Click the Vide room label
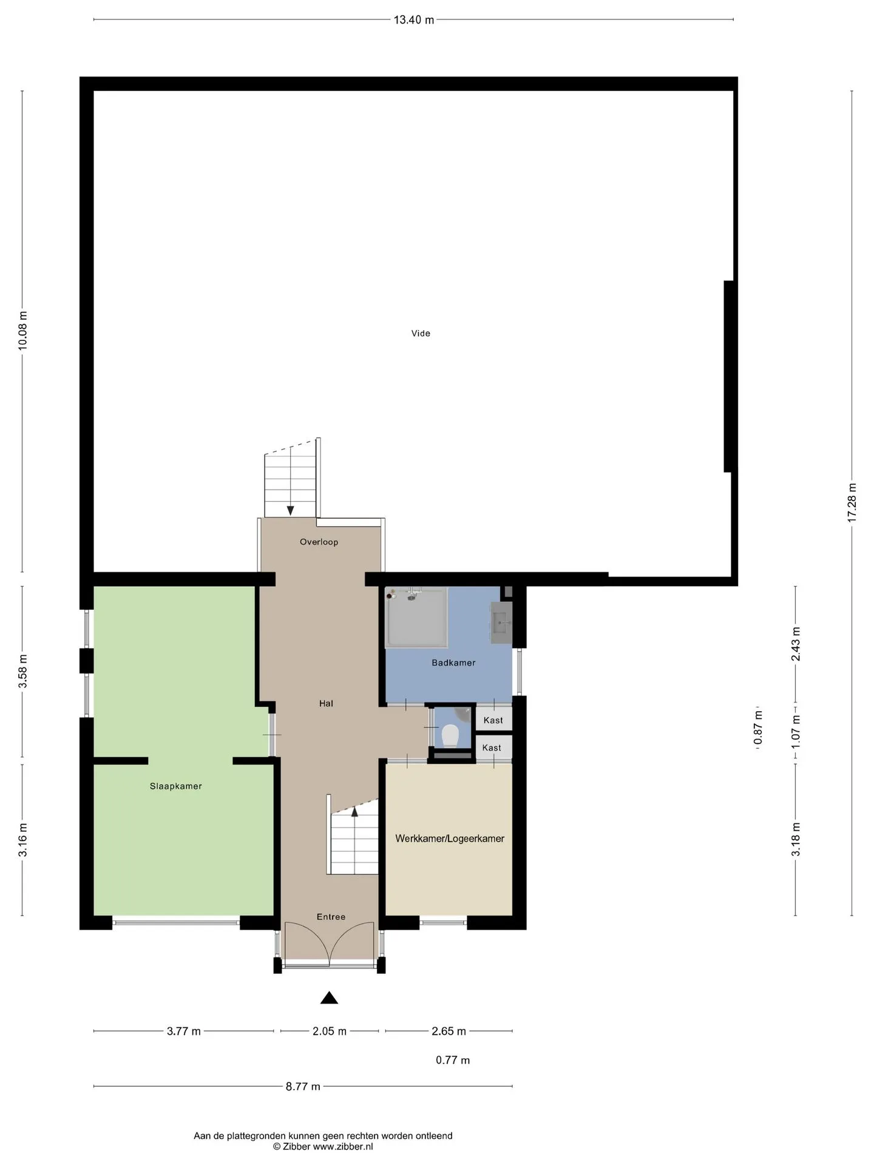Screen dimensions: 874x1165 (421, 333)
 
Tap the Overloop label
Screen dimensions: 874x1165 (319, 542)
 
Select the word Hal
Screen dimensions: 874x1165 (326, 703)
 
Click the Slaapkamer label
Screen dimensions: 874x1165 (175, 786)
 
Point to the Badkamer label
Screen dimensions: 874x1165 (453, 663)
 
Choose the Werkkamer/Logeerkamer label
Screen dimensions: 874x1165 (450, 839)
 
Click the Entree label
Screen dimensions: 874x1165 (331, 917)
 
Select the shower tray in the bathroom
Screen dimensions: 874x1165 (416, 616)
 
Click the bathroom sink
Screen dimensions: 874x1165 (501, 623)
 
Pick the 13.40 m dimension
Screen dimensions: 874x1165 (414, 19)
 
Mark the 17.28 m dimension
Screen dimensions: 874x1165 (852, 502)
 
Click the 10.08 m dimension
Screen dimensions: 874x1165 (22, 330)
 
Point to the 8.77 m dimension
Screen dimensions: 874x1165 (303, 1086)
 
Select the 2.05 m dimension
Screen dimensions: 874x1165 (330, 1031)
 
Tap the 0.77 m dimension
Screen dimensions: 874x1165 (453, 1060)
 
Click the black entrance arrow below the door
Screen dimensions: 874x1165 (329, 998)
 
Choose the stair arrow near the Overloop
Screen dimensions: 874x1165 (291, 510)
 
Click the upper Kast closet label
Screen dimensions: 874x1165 (493, 720)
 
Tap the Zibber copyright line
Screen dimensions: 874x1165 (323, 1146)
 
